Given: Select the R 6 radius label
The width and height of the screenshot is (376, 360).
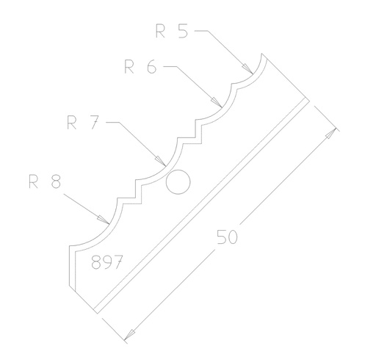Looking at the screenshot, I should click(x=140, y=67).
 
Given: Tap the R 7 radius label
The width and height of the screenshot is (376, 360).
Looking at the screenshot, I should click(x=82, y=122).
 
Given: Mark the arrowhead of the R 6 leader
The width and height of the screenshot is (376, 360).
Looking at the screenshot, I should click(x=216, y=103).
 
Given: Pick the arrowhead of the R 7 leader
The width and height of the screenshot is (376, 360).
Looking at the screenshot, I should click(x=161, y=159).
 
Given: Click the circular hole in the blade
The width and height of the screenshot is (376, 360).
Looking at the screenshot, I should click(x=178, y=181).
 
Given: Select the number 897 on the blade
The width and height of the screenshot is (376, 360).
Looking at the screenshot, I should click(x=106, y=263).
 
